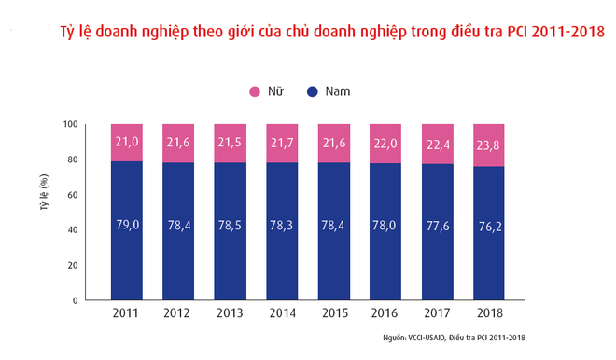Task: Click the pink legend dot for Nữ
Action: click(255, 91)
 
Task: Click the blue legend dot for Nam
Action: click(313, 91)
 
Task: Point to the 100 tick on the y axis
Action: click(71, 124)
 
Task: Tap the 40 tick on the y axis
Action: click(73, 229)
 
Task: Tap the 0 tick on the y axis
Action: click(76, 300)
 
